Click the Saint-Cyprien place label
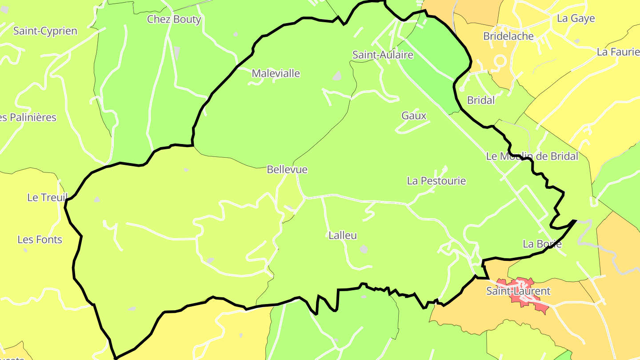45,31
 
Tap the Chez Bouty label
174,20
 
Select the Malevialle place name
276,73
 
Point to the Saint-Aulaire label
383,55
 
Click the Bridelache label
508,36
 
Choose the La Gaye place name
576,19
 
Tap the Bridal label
481,100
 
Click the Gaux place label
414,116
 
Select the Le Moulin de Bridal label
532,156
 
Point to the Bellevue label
287,170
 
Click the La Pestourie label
436,181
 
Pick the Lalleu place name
343,236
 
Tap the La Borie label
542,244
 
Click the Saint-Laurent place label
518,292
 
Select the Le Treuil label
47,198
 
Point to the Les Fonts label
40,240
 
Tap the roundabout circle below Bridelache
500,60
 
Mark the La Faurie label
618,52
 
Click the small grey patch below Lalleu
364,249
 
